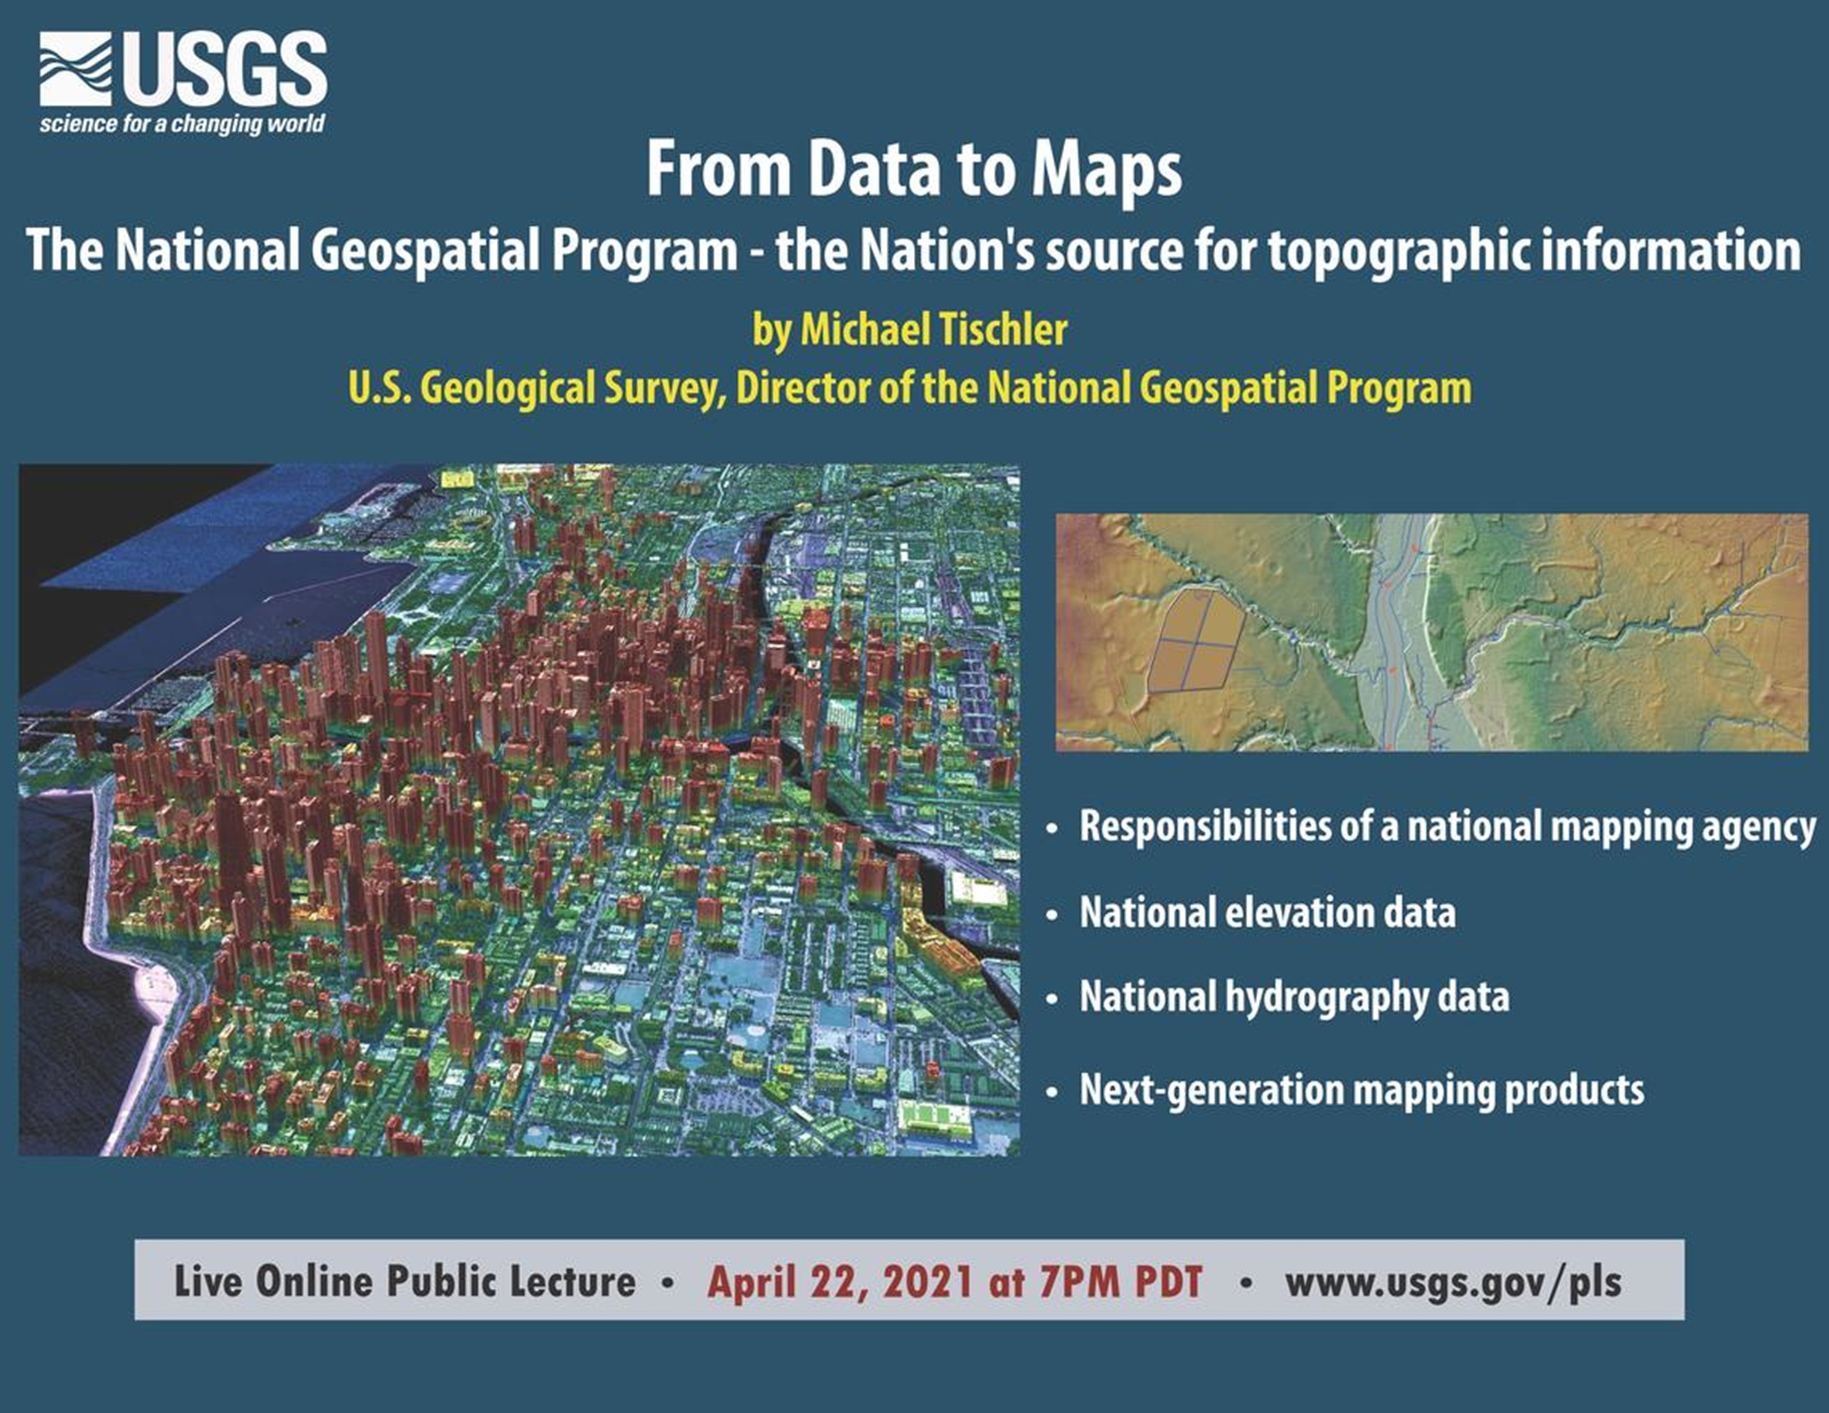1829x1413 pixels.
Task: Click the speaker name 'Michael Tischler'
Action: pos(934,329)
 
